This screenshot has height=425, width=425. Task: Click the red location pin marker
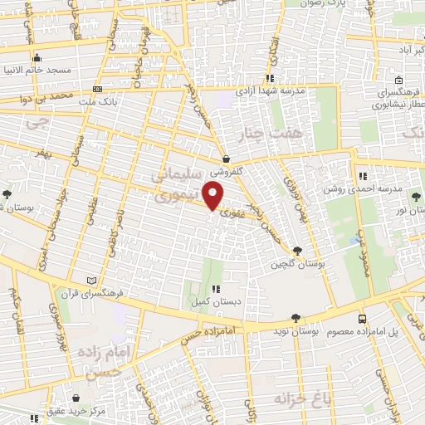pyautogui.click(x=215, y=195)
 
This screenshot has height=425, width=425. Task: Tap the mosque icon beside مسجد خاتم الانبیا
pyautogui.click(x=38, y=58)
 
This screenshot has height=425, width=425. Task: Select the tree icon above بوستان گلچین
pyautogui.click(x=298, y=250)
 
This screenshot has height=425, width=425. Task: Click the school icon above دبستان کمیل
pyautogui.click(x=216, y=289)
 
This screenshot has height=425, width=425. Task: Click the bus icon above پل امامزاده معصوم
pyautogui.click(x=362, y=318)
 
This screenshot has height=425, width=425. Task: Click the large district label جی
pyautogui.click(x=33, y=124)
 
